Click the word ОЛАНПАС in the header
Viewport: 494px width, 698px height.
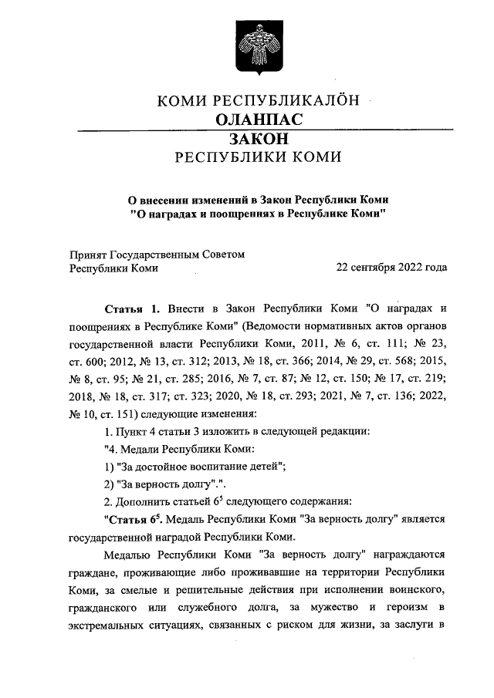coord(258,120)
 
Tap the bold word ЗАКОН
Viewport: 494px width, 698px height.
coord(258,139)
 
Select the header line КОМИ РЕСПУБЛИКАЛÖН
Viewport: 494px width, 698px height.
coord(258,100)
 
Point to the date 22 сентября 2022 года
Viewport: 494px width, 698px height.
coord(391,268)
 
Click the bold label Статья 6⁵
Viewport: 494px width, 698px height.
coord(133,519)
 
